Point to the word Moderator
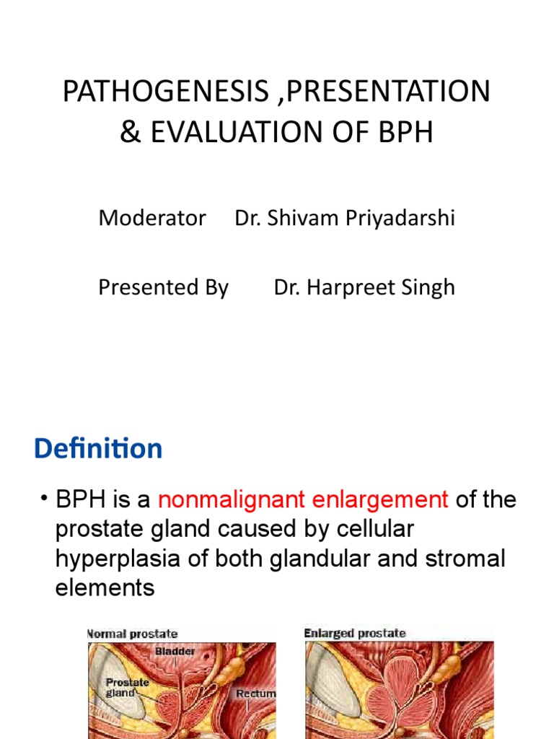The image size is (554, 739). tap(152, 218)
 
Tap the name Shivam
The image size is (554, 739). tap(296, 218)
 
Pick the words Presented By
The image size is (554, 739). tap(163, 287)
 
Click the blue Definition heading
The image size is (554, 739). tap(98, 449)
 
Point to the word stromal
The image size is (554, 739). tap(465, 559)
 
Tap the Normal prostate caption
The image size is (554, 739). tap(133, 634)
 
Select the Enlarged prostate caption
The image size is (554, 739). tap(355, 634)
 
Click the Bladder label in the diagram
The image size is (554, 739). tap(175, 651)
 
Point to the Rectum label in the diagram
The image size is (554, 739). tap(255, 694)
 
